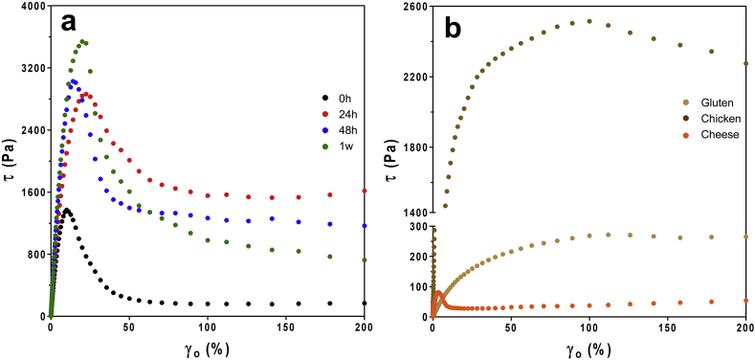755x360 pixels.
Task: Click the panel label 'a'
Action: (x=70, y=24)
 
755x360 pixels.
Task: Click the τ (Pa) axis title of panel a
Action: (x=10, y=161)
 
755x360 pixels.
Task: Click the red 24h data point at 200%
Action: (x=365, y=191)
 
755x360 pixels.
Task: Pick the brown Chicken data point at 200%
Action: (x=745, y=63)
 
